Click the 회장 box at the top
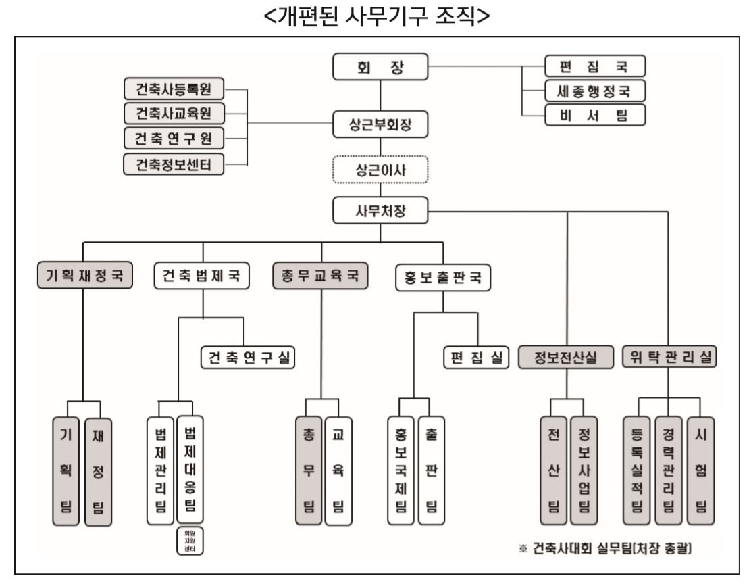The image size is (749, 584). coord(380,66)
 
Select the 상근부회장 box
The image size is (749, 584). coord(380,125)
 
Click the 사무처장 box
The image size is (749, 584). coord(380,212)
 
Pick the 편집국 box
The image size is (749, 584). coord(595,66)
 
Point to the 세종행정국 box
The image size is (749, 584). coord(595,90)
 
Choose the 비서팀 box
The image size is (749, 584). coord(595,115)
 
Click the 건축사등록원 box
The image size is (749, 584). coord(174,89)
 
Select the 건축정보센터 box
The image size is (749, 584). coord(174,164)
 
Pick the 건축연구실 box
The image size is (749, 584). coord(250,358)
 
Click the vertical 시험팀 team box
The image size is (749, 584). coord(701,470)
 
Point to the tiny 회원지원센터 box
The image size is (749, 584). coord(190,542)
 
